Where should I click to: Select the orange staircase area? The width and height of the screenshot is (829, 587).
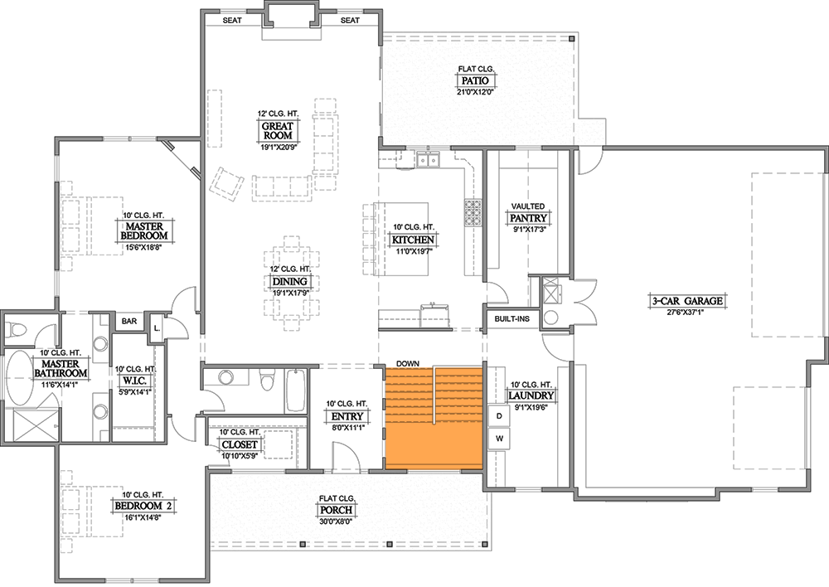(433, 418)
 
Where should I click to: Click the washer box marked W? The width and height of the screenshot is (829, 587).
(499, 437)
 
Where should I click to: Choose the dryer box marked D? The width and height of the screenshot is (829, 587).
(499, 415)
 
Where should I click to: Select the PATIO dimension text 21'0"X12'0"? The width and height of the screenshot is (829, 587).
(475, 93)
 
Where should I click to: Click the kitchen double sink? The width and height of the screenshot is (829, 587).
(429, 159)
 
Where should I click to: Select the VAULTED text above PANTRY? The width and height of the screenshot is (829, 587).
(527, 206)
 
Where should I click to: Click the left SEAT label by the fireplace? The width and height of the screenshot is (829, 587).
(232, 20)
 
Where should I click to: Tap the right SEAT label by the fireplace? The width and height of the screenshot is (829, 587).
(350, 20)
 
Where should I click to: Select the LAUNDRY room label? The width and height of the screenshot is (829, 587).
(531, 395)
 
